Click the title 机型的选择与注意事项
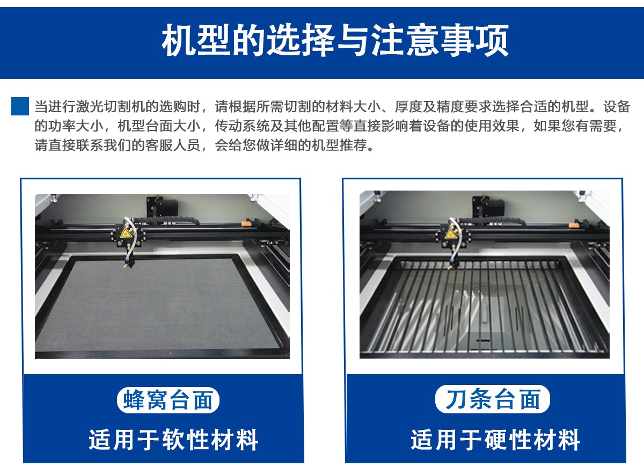335,40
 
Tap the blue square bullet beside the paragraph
20,106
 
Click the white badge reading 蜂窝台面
168,400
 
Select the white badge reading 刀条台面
492,399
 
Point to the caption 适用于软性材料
173,440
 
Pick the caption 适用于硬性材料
495,440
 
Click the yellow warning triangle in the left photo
126,232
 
